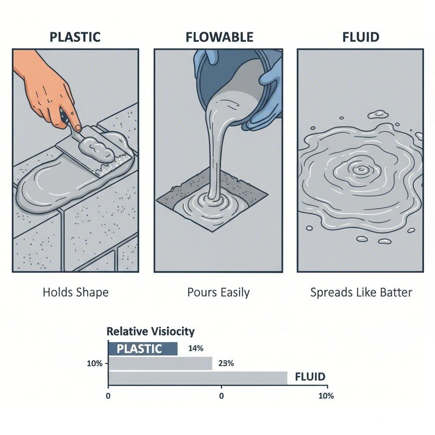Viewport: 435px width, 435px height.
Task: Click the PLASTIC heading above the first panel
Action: (75, 37)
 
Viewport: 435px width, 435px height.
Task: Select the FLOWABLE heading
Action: (219, 37)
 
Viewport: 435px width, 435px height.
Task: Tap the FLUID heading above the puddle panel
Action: (361, 37)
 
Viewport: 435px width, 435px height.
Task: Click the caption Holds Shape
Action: (76, 293)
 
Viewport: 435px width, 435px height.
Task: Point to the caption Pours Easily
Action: (218, 293)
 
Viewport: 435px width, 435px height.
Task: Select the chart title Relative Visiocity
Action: (150, 331)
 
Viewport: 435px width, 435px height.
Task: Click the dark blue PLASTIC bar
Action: (143, 349)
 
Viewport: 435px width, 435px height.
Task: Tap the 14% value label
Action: (195, 349)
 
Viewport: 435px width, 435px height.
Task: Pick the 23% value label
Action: (226, 364)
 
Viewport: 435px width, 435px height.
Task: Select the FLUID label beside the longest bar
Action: (310, 377)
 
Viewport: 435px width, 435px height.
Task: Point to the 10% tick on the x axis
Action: (326, 396)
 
